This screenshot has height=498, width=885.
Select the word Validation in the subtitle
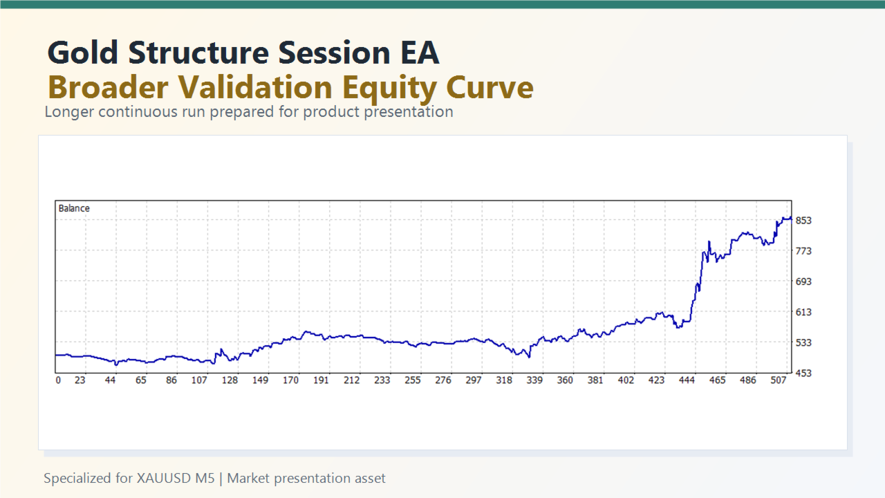pos(257,88)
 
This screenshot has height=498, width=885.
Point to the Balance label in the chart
pos(74,208)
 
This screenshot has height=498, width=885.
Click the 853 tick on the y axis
pos(803,221)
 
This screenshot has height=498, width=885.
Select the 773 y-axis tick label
pos(803,251)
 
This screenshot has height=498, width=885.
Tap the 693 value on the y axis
pos(803,282)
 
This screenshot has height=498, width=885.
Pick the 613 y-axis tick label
pos(803,312)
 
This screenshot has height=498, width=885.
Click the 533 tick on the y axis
pos(803,342)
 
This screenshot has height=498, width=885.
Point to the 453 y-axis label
pos(803,373)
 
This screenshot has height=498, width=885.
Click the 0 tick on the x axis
pos(58,380)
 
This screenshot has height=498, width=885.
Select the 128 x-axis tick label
pos(230,380)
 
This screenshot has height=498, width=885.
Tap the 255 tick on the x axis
pos(413,380)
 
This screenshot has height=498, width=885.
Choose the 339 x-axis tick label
pos(534,380)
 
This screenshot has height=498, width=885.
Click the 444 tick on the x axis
pos(687,380)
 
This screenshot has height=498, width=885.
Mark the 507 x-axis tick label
pos(779,380)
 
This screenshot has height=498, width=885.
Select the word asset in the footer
pos(369,478)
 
